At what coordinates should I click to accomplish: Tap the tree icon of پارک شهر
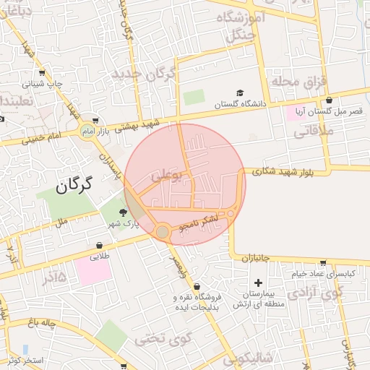123,212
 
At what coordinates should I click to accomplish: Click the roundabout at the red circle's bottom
163,231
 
